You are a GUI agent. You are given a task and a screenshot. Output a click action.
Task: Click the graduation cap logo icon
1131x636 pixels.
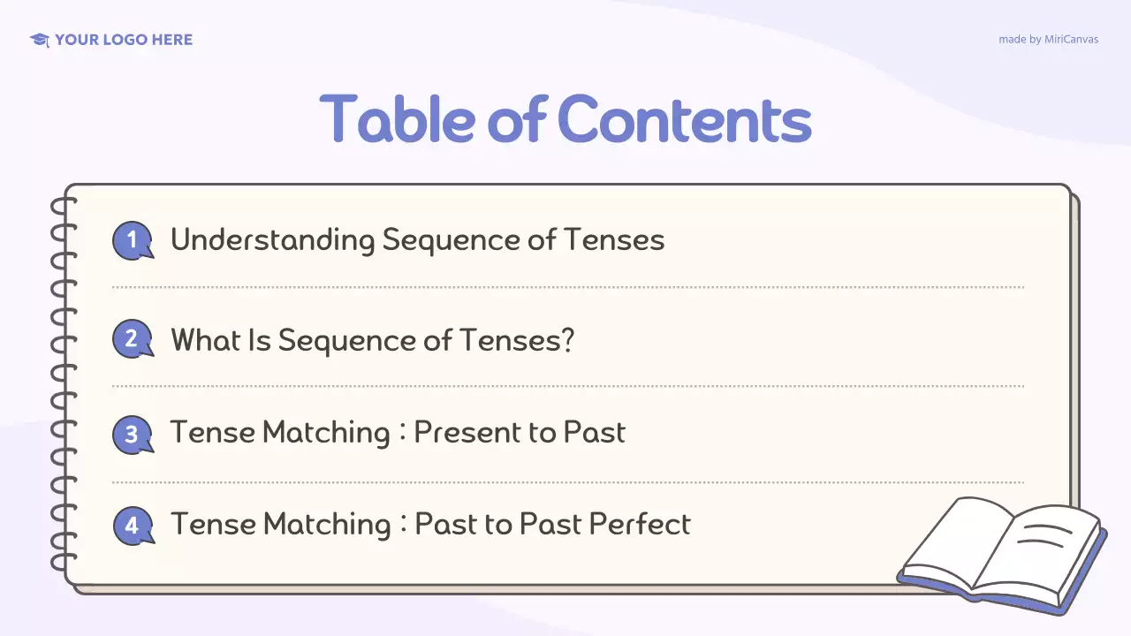pyautogui.click(x=39, y=40)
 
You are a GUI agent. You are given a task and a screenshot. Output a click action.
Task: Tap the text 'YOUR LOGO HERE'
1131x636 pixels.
pyautogui.click(x=124, y=40)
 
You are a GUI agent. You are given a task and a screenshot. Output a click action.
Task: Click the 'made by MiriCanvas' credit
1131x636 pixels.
pyautogui.click(x=1048, y=40)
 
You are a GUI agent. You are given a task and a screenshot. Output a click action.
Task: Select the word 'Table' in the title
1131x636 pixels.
pyautogui.click(x=398, y=119)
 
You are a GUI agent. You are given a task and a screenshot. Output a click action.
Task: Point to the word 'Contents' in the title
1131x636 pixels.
pyautogui.click(x=685, y=119)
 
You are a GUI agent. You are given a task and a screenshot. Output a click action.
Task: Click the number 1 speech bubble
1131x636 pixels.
pyautogui.click(x=133, y=240)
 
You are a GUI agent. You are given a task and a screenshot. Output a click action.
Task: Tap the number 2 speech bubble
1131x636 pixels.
pyautogui.click(x=133, y=339)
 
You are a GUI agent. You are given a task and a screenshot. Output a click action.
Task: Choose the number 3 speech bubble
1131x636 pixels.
pyautogui.click(x=133, y=435)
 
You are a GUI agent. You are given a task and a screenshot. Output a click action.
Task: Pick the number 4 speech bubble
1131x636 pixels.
pyautogui.click(x=133, y=526)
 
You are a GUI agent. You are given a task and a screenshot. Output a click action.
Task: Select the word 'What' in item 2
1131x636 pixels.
pyautogui.click(x=205, y=339)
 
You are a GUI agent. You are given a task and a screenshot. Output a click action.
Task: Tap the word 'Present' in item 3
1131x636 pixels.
pyautogui.click(x=463, y=433)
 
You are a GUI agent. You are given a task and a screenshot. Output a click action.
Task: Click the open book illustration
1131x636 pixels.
pyautogui.click(x=1003, y=554)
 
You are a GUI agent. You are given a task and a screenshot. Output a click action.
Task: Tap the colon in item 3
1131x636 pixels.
pyautogui.click(x=402, y=434)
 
